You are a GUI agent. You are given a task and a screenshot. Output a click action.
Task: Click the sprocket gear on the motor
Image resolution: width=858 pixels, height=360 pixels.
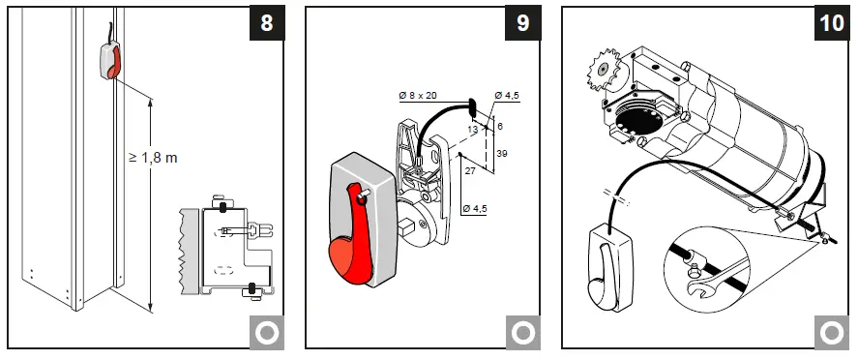coord(606,69)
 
